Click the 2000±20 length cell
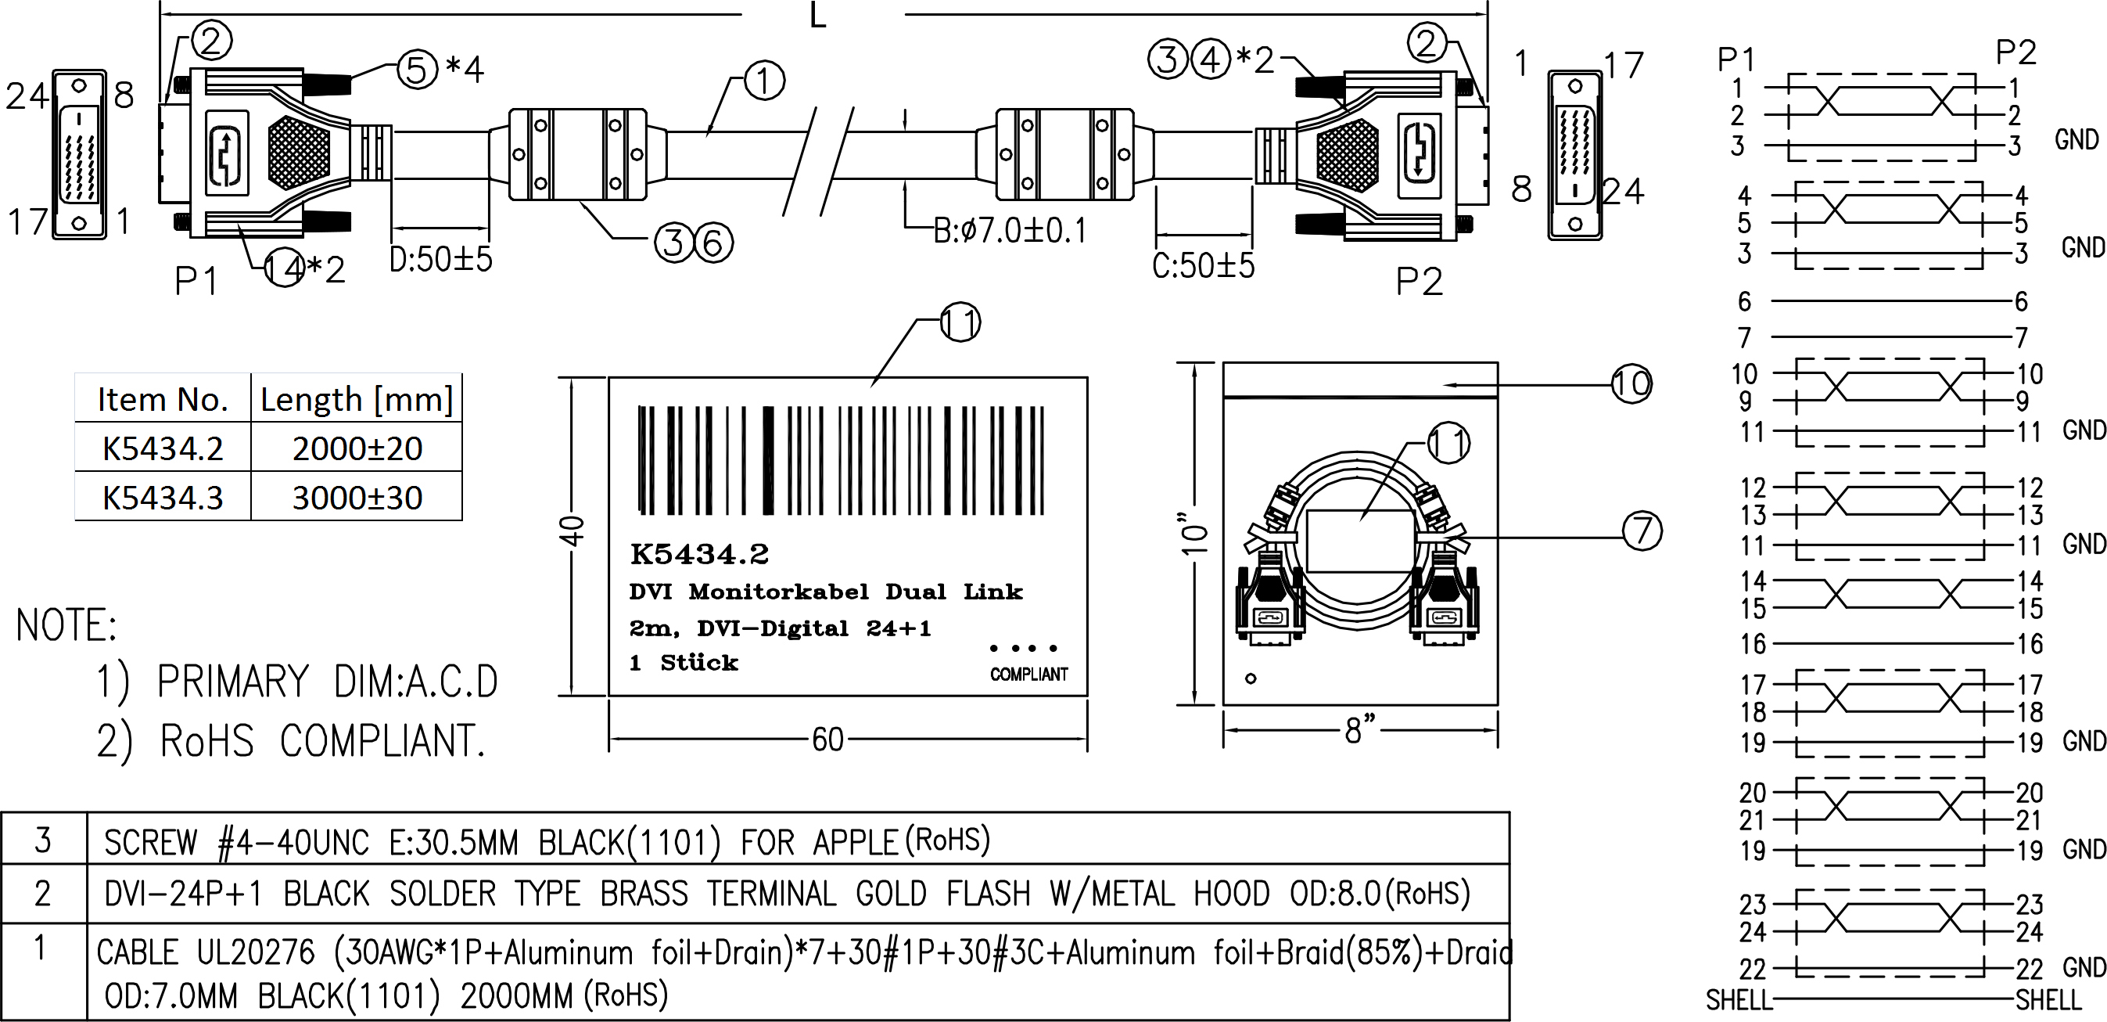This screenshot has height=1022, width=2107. pyautogui.click(x=357, y=448)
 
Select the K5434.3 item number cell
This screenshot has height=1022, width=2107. pyautogui.click(x=162, y=498)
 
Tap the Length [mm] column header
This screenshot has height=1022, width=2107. pyautogui.click(x=357, y=399)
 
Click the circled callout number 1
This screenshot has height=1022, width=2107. pyautogui.click(x=763, y=81)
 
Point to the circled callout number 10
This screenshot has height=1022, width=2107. pyautogui.click(x=1631, y=383)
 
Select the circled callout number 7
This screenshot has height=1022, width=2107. pyautogui.click(x=1642, y=530)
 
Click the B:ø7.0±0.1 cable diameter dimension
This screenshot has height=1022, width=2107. pyautogui.click(x=1010, y=231)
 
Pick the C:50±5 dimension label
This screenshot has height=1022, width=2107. pyautogui.click(x=1202, y=266)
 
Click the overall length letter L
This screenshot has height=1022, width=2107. pyautogui.click(x=817, y=15)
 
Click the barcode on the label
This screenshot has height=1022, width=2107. pyautogui.click(x=840, y=461)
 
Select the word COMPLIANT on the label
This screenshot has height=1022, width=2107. pyautogui.click(x=1028, y=675)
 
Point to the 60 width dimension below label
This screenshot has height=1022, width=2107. pyautogui.click(x=827, y=740)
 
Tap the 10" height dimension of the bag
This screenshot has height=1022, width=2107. pyautogui.click(x=1195, y=534)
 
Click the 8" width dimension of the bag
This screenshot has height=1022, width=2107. pyautogui.click(x=1359, y=729)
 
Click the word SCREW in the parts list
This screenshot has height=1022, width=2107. pyautogui.click(x=150, y=842)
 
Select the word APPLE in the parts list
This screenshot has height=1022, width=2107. pyautogui.click(x=855, y=842)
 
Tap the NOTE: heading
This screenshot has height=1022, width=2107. pyautogui.click(x=66, y=626)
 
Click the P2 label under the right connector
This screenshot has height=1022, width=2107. pyautogui.click(x=1418, y=282)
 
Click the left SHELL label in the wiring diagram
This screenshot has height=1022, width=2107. pyautogui.click(x=1737, y=999)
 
